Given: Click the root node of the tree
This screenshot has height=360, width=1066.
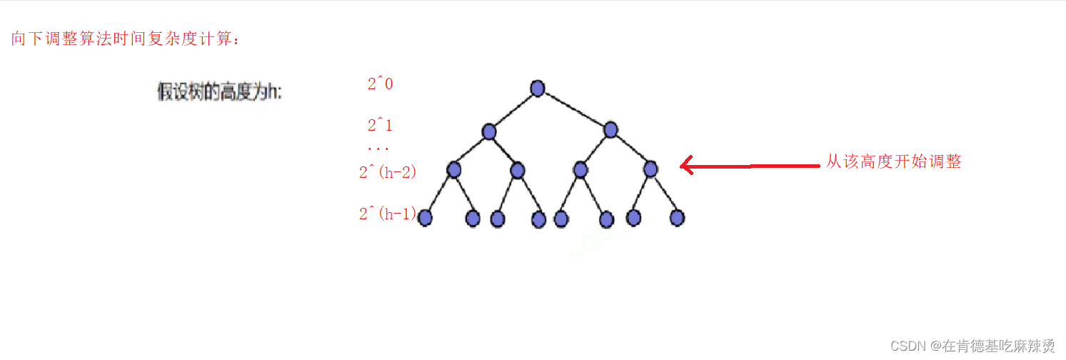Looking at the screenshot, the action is pos(538,88).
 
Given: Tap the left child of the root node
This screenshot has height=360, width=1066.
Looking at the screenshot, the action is pos(489,131).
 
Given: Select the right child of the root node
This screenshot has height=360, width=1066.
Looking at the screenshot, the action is pos(610,130).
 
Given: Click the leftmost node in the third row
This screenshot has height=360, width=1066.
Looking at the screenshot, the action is pos(454,170).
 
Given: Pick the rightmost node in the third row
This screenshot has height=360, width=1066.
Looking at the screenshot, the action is pos(650,169).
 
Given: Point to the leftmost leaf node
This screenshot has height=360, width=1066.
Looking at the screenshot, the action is pos(426,217).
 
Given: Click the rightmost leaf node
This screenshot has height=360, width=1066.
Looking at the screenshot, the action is pos(677,217).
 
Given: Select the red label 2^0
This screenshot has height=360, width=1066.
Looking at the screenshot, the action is pos(380,84).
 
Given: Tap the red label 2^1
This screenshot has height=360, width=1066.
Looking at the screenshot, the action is pos(380,126).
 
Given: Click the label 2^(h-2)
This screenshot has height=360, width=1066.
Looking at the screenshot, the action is pos(387,172).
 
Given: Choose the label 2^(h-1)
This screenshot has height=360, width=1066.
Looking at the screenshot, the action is pos(387,214).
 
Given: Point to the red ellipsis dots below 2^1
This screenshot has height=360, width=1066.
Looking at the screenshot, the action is pos(378,149).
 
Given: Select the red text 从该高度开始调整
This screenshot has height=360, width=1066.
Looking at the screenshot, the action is pos(893,162).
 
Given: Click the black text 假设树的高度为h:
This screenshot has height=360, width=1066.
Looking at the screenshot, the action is pos(219,92).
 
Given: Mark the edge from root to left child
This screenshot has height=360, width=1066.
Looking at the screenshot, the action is pos(513,110).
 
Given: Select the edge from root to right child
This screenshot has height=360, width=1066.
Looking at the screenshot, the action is pos(574,109).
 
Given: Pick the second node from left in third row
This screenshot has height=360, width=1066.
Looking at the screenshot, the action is pos(518,170).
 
